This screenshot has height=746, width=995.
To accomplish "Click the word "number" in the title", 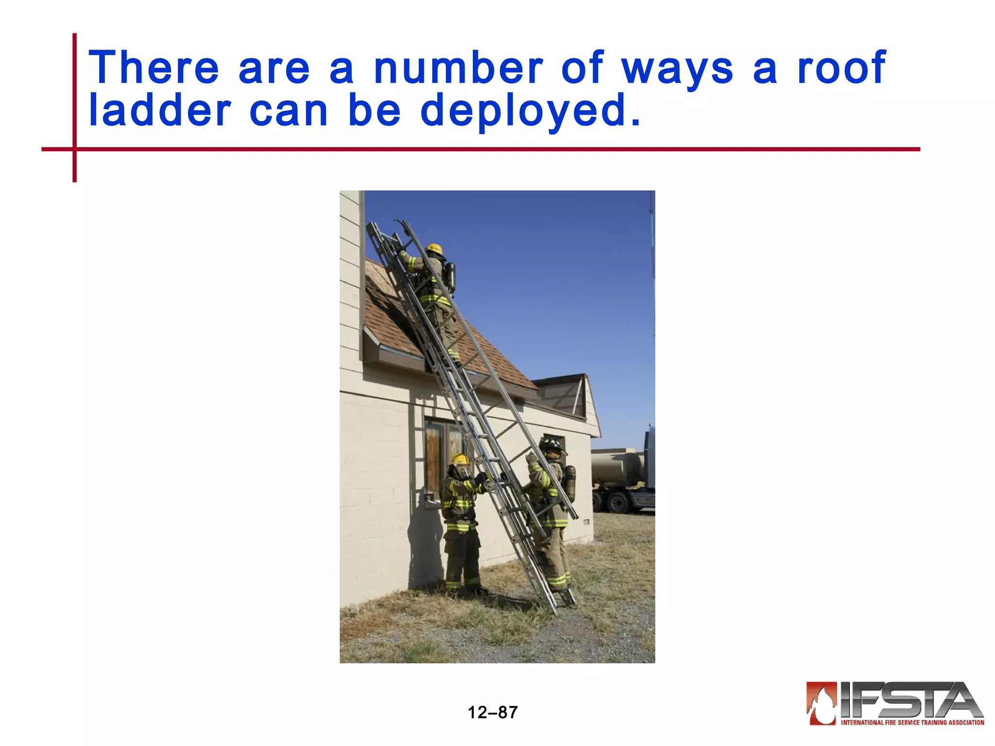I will click(458, 68).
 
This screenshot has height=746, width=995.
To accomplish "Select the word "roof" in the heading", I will click(841, 68).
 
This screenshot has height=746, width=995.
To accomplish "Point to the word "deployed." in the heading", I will click(530, 112).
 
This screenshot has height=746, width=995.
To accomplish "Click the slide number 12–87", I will click(493, 712).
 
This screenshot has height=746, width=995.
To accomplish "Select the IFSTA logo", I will click(894, 703).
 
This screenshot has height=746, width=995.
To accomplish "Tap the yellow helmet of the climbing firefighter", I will click(434, 249).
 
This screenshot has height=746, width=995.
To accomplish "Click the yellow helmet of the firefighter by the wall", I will click(459, 459).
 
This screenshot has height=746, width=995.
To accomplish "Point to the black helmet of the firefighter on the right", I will click(551, 444).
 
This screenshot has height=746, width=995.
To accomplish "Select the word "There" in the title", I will click(154, 68).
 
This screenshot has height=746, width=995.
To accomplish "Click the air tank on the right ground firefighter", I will click(570, 483).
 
